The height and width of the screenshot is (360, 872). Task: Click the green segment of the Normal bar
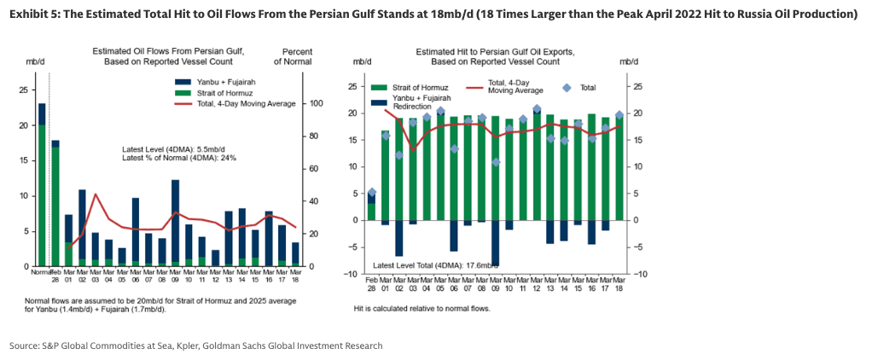(41, 196)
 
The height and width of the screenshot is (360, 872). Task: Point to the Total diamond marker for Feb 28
(371, 193)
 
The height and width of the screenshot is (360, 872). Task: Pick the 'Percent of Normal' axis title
(292, 56)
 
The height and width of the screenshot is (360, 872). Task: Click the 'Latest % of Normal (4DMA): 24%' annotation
(179, 158)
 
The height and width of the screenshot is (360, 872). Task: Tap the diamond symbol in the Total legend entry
(566, 88)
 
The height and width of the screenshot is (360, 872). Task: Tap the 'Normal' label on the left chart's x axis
(41, 273)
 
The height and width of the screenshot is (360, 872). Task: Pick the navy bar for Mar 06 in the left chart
(136, 230)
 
